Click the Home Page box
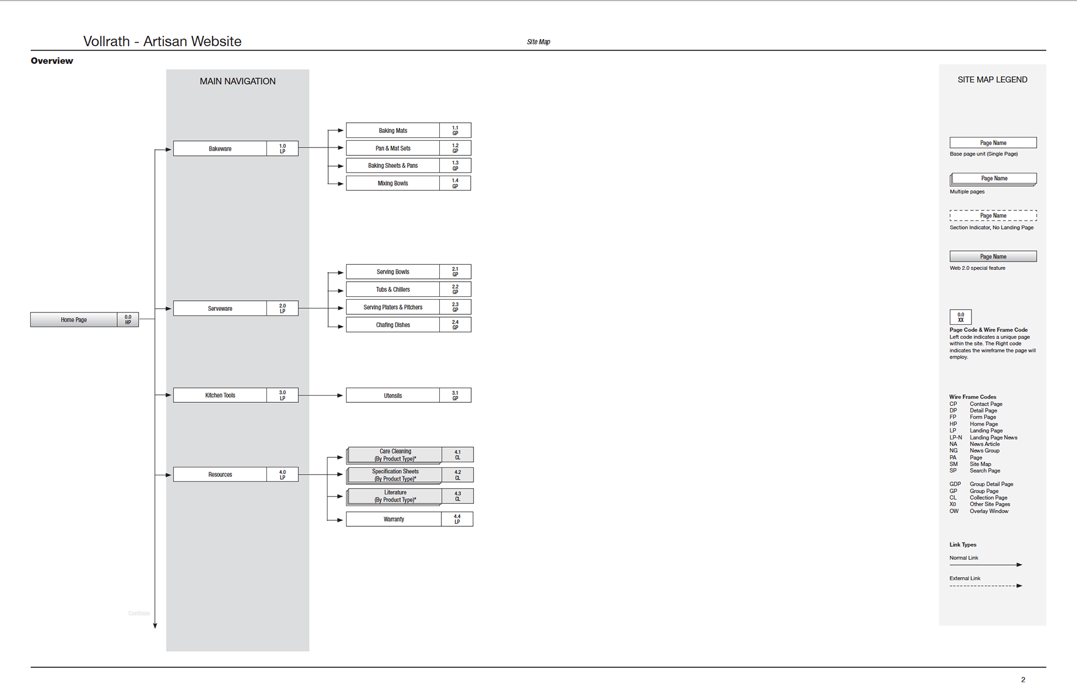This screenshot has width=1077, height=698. point(74,320)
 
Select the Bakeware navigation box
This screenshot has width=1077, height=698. point(220,149)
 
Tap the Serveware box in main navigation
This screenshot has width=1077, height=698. point(220,309)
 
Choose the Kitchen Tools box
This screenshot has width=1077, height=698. point(220,396)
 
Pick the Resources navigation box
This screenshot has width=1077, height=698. point(220,475)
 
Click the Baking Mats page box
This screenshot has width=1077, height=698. point(393,131)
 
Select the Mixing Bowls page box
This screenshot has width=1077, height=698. point(393,183)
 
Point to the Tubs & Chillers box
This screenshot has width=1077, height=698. point(393,290)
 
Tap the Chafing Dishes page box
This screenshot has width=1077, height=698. point(393,325)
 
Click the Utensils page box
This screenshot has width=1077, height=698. point(393,396)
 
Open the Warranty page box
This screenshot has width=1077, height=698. point(394,520)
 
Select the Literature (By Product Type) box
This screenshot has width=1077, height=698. point(395,496)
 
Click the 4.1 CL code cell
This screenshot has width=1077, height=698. point(458,454)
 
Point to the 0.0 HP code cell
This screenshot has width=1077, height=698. point(128,320)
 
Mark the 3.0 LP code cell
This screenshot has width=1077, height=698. point(283,396)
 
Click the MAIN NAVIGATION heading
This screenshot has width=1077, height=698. point(238,81)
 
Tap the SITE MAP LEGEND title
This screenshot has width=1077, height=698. point(992,80)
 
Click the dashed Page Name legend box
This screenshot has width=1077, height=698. point(993,215)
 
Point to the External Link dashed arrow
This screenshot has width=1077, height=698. point(986,586)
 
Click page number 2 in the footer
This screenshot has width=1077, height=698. point(1023,680)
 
